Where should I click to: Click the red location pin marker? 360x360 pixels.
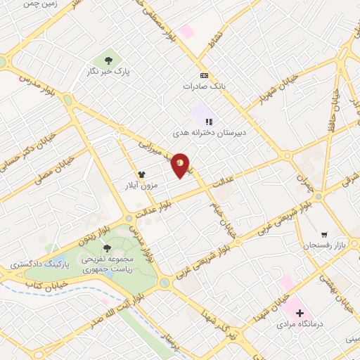181,165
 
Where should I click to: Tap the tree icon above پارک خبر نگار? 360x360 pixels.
110,60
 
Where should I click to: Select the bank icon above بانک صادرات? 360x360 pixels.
204,75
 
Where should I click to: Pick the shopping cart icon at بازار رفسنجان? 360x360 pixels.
323,234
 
